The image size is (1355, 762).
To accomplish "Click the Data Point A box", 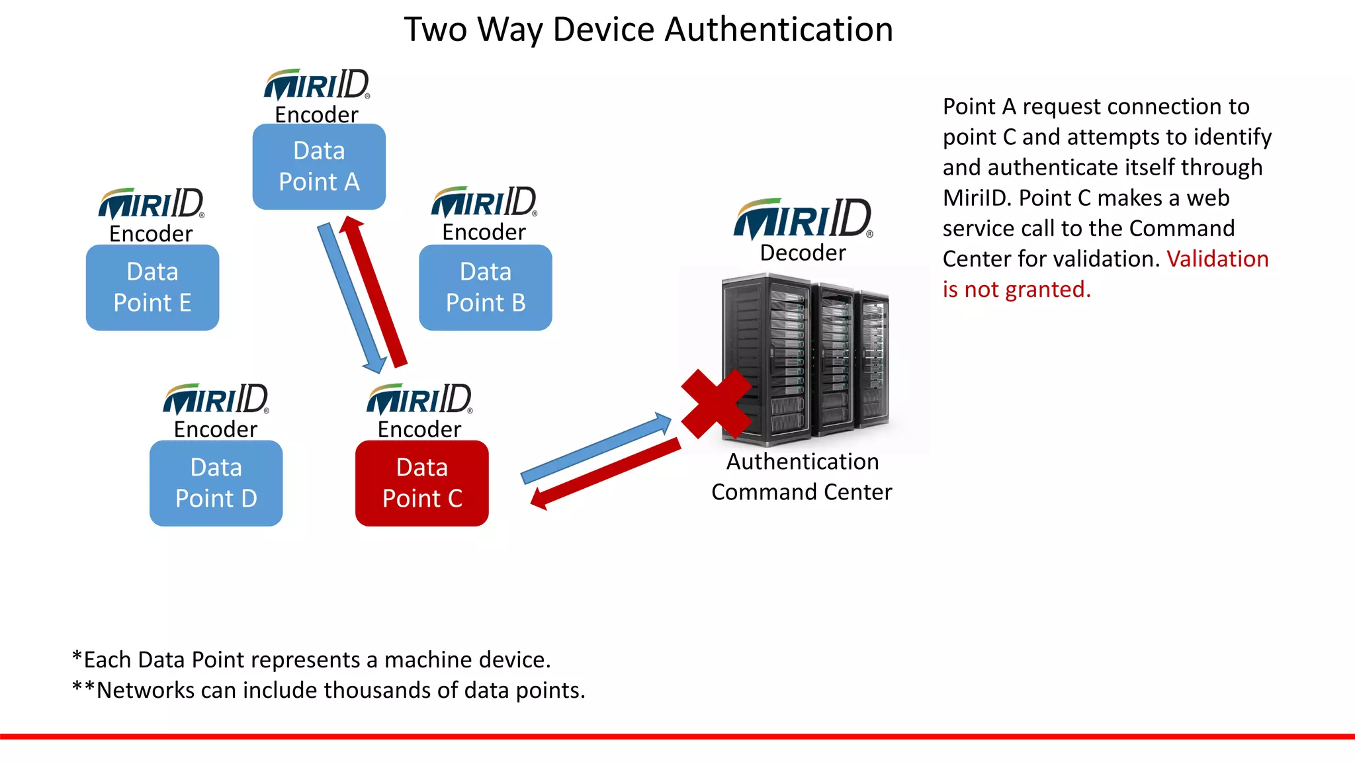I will click(x=319, y=167).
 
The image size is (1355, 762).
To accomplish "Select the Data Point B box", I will click(x=485, y=287).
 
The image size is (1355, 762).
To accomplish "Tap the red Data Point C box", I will click(x=422, y=484).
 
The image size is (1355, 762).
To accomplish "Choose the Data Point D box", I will click(x=216, y=484).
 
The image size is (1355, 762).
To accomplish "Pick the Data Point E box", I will click(x=152, y=287).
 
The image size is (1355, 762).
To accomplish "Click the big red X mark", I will click(x=717, y=403).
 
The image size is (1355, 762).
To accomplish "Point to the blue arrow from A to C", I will click(x=351, y=298).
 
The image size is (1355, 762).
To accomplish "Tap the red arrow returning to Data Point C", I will click(x=605, y=474).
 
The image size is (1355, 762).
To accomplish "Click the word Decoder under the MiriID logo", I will click(x=803, y=253).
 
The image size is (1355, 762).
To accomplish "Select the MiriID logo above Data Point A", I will click(x=316, y=85).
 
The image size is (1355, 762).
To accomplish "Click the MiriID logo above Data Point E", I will click(x=151, y=204).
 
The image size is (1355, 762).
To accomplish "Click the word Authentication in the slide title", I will click(x=779, y=30).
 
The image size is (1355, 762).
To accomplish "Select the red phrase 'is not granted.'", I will click(x=1016, y=289).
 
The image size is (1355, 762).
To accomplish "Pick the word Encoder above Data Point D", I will click(x=216, y=429).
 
